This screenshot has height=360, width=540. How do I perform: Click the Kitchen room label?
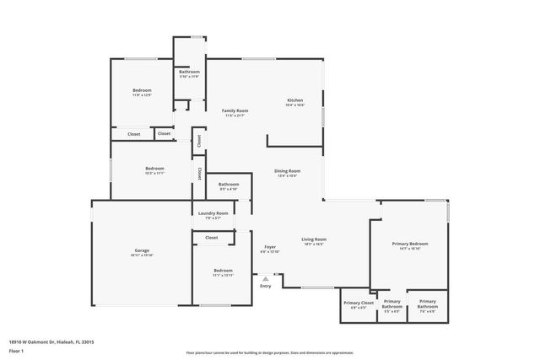coord(294,100)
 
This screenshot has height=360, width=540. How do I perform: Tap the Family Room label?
coord(235,110)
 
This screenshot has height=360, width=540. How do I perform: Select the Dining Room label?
coord(287,170)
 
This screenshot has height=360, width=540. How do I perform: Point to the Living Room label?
coord(314,239)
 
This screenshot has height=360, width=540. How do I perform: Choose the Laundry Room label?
coord(213,213)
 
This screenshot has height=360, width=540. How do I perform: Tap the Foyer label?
coord(269,247)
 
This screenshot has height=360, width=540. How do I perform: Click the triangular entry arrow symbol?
coord(266,277)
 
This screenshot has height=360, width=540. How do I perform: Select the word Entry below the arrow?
coord(266,286)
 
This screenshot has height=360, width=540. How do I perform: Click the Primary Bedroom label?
coord(410,244)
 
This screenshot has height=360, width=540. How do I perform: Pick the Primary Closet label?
coord(358,302)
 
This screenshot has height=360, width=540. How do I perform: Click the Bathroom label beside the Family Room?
coord(189,72)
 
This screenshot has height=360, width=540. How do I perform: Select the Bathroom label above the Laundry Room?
coord(229,184)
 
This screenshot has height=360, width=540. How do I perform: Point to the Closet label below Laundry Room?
coord(211,238)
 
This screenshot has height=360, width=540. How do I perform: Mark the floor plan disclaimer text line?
coord(269,352)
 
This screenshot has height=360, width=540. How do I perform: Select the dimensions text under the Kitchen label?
coord(294,105)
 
